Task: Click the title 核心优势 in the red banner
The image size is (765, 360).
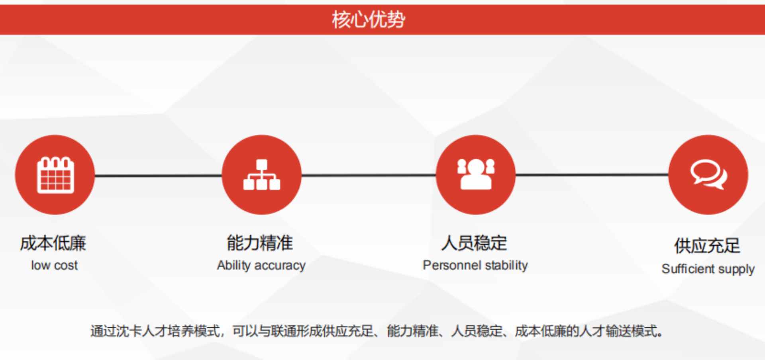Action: [x=369, y=20]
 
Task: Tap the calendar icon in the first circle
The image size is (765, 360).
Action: [x=55, y=175]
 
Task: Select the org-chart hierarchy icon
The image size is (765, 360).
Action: [x=262, y=175]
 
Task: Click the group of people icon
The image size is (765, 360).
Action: [x=476, y=174]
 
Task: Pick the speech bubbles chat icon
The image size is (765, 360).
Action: [x=708, y=174]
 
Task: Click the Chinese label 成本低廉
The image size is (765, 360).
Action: [x=53, y=243]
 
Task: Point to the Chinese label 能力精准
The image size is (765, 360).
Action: [x=260, y=243]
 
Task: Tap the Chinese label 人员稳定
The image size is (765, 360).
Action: [x=474, y=243]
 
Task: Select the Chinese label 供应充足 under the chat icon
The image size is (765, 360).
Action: [x=707, y=246]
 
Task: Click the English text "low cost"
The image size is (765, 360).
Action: [x=55, y=265]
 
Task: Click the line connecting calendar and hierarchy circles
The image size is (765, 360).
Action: [x=158, y=175]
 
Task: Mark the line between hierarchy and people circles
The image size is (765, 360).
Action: [x=369, y=175]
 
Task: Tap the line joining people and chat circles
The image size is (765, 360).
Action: [x=592, y=174]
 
